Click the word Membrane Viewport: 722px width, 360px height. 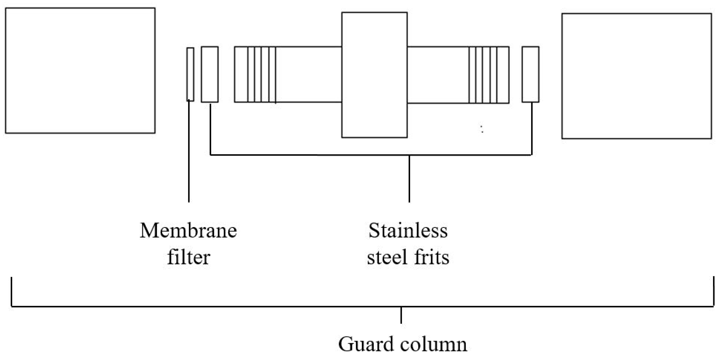188,231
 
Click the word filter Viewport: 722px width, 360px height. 188,257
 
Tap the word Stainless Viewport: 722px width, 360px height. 408,231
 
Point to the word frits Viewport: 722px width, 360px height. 432,257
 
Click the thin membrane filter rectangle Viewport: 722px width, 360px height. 190,74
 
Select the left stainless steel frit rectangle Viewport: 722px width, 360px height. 210,74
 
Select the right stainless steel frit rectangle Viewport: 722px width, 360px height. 530,74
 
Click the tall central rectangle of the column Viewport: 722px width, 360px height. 374,75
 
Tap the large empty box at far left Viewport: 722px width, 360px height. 80,70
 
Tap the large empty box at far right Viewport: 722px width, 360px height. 637,76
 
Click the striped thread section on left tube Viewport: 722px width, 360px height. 261,74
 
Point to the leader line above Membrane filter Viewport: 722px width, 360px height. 189,151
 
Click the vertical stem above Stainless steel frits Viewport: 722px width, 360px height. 409,178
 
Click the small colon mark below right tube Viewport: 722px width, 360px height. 482,129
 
